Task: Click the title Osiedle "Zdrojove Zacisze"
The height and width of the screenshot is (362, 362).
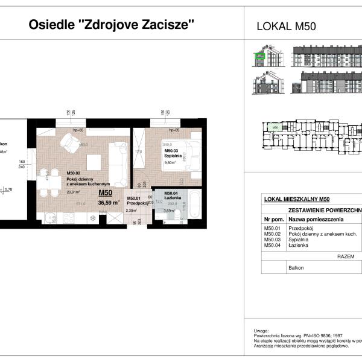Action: tap(112, 25)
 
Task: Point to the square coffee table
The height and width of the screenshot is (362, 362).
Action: tap(94, 162)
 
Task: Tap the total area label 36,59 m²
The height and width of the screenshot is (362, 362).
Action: tap(109, 203)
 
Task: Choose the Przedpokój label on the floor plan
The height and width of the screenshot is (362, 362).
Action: tap(137, 203)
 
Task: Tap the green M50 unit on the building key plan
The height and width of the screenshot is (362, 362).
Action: tap(275, 127)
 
